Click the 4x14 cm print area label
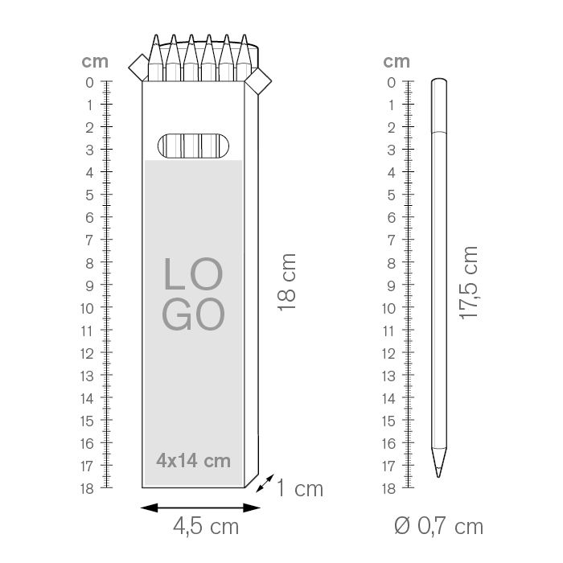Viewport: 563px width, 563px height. point(193,461)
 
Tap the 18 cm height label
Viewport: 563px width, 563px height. point(286,282)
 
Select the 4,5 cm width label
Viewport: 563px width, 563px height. point(206,527)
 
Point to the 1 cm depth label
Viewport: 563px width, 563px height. point(300,489)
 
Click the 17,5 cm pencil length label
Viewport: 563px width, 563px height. point(469,283)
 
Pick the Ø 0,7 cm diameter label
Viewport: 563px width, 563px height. point(438,526)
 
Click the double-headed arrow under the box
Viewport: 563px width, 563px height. point(200,508)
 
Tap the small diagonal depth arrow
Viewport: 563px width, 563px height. point(265,483)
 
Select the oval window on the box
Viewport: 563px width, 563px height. point(193,146)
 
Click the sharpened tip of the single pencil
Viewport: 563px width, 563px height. point(439,477)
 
